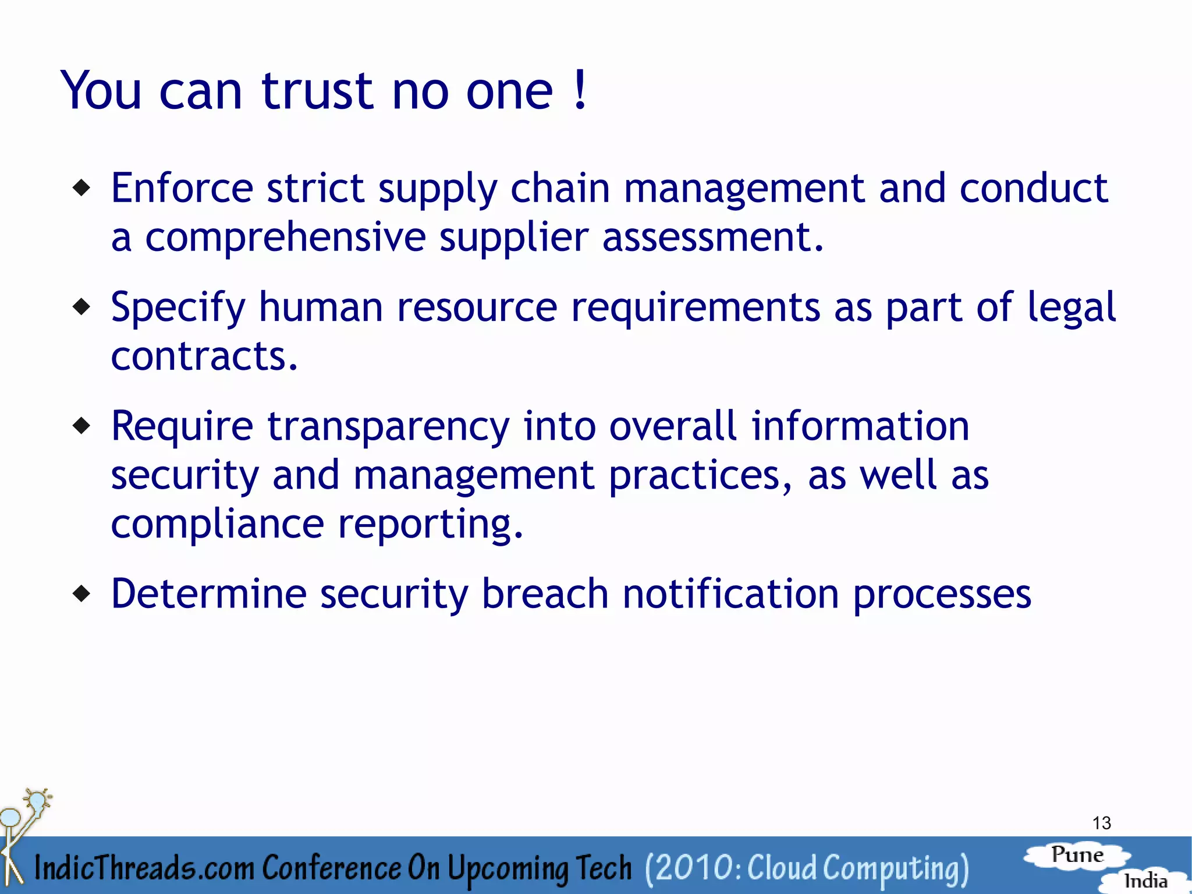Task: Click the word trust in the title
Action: point(317,91)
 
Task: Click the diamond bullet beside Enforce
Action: point(82,188)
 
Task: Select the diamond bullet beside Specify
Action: point(82,306)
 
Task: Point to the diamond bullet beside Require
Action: point(82,426)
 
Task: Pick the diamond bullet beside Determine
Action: point(82,593)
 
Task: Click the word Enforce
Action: point(182,188)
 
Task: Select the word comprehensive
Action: point(285,238)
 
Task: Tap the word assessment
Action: point(712,238)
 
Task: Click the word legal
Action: point(1071,308)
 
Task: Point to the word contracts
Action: point(204,356)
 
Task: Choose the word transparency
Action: point(388,427)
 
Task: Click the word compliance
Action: point(217,524)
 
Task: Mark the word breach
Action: point(545,594)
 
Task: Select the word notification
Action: point(730,594)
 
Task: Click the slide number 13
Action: point(1101,823)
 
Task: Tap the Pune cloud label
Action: point(1077,855)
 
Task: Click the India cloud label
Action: point(1145,881)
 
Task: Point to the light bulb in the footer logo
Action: point(38,801)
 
